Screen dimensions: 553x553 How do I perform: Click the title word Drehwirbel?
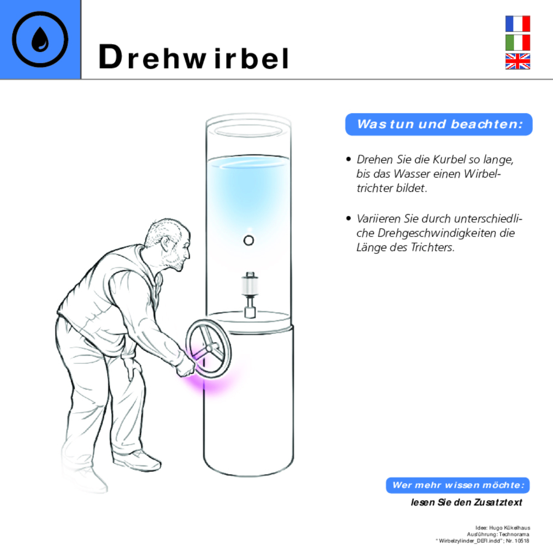tap(194, 58)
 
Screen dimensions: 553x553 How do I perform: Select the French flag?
tap(517, 24)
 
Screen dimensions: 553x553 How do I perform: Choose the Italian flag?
tap(517, 43)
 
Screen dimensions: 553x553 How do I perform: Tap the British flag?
tap(517, 62)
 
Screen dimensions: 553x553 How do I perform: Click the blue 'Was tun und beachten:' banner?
tap(439, 124)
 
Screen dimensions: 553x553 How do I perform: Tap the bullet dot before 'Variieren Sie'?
tap(349, 219)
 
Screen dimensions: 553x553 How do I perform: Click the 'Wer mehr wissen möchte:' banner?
tap(458, 485)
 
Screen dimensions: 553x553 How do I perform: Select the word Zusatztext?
tap(498, 503)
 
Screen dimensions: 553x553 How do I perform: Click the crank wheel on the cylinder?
tap(208, 348)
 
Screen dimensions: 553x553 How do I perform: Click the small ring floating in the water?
tap(249, 241)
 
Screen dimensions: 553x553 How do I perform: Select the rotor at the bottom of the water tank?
tap(249, 294)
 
